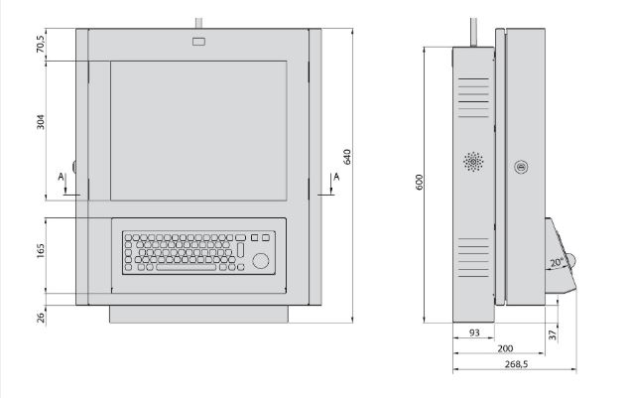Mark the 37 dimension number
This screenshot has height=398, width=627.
tap(553, 334)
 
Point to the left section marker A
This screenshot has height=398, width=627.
tap(63, 177)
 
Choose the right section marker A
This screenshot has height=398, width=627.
tap(338, 177)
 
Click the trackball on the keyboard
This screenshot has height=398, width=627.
tap(262, 260)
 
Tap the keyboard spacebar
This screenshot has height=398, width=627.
tap(185, 268)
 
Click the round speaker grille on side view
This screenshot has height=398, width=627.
tap(473, 161)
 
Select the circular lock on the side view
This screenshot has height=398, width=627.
tap(519, 167)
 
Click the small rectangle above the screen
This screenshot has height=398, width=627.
tap(198, 42)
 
